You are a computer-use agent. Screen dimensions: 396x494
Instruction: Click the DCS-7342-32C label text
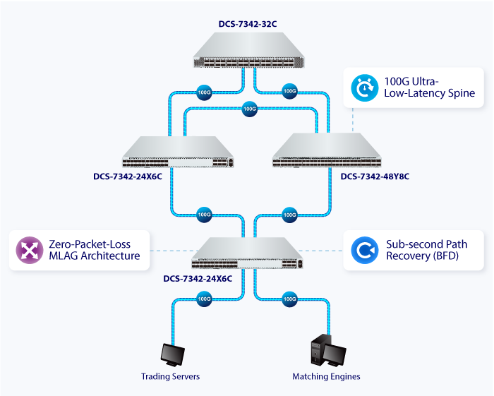[x=246, y=24]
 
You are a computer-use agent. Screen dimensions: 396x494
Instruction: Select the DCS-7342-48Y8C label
[x=375, y=176]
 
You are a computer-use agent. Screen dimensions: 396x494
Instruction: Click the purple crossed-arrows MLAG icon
[x=29, y=250]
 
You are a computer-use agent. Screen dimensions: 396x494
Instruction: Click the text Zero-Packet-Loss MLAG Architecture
[x=93, y=250]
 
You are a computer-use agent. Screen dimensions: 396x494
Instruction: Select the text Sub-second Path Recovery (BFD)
[x=426, y=250]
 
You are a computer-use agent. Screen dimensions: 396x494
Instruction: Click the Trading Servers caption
[x=170, y=376]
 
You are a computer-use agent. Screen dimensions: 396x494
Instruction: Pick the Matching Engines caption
[x=326, y=376]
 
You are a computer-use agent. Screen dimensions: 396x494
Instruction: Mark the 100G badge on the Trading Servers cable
[x=204, y=299]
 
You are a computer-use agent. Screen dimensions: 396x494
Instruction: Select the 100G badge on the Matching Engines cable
[x=289, y=299]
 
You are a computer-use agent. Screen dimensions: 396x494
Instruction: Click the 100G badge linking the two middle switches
[x=249, y=109]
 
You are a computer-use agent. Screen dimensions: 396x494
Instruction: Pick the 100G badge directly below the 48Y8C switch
[x=289, y=214]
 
